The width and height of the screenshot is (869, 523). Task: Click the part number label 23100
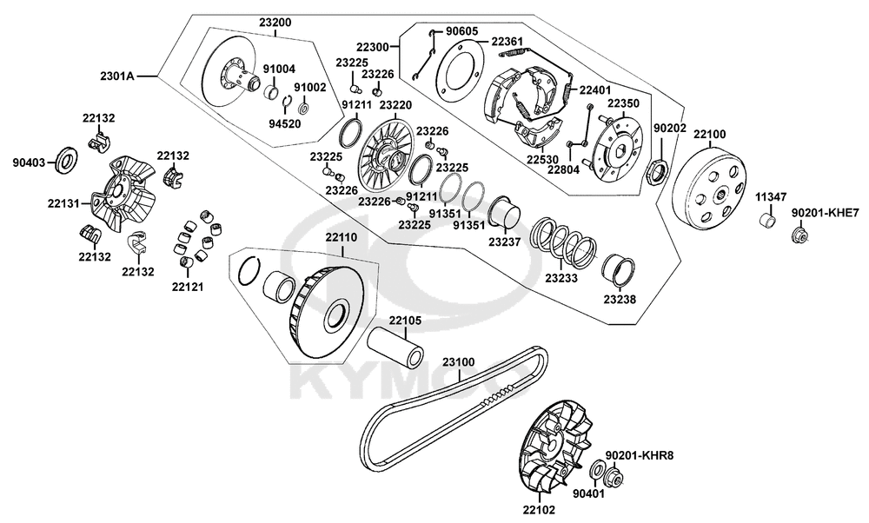pos(458,361)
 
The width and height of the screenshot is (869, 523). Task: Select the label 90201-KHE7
pos(825,212)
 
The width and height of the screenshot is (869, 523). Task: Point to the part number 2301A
pos(117,76)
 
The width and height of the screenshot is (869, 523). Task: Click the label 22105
pos(405,321)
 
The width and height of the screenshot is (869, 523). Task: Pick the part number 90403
pos(30,161)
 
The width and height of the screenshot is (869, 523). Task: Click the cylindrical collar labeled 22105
pos(396,349)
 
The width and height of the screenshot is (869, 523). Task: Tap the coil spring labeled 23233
pos(565,241)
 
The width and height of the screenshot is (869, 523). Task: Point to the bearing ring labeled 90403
pos(66,160)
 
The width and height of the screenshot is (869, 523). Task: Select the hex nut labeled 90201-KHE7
pos(798,234)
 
